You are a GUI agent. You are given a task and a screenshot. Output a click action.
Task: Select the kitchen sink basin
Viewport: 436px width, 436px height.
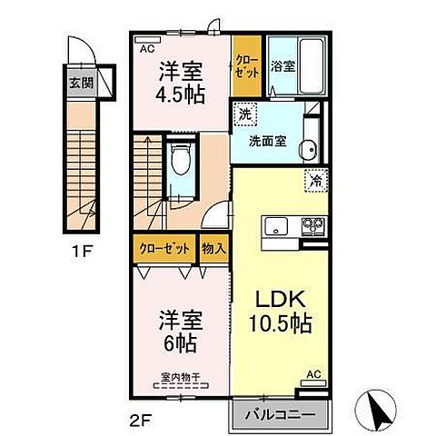coord(275,225)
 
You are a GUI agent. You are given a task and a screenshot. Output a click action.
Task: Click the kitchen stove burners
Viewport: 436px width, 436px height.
coord(312,225)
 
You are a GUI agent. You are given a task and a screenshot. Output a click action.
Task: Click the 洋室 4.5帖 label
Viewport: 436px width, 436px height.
coord(182,83)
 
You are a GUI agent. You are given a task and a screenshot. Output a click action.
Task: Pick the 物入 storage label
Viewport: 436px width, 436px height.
coord(214,247)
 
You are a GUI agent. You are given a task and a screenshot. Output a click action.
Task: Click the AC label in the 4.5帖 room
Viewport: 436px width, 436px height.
coord(145,49)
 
